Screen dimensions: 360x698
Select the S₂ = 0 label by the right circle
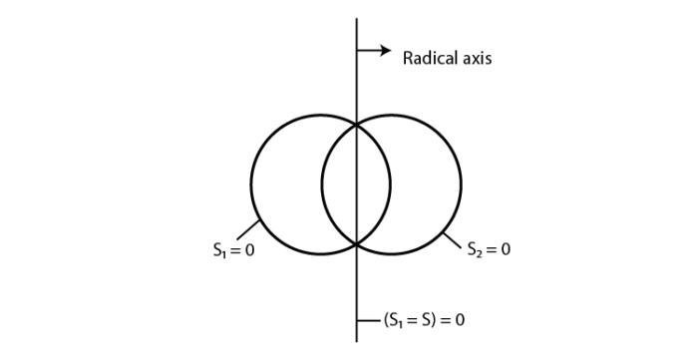pyautogui.click(x=489, y=249)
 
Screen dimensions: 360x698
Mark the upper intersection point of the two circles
pyautogui.click(x=356, y=124)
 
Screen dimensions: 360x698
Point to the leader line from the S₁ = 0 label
pyautogui.click(x=248, y=230)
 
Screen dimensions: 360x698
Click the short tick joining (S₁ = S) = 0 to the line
pyautogui.click(x=367, y=321)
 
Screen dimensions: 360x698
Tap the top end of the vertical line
pyautogui.click(x=356, y=19)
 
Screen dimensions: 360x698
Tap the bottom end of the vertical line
pyautogui.click(x=356, y=340)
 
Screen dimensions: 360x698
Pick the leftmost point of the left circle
pyautogui.click(x=251, y=184)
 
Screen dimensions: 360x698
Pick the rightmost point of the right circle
pyautogui.click(x=461, y=184)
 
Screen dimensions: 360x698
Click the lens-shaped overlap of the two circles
pyautogui.click(x=356, y=184)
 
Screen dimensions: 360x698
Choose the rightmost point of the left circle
pyautogui.click(x=391, y=184)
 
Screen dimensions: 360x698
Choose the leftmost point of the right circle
pyautogui.click(x=321, y=184)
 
